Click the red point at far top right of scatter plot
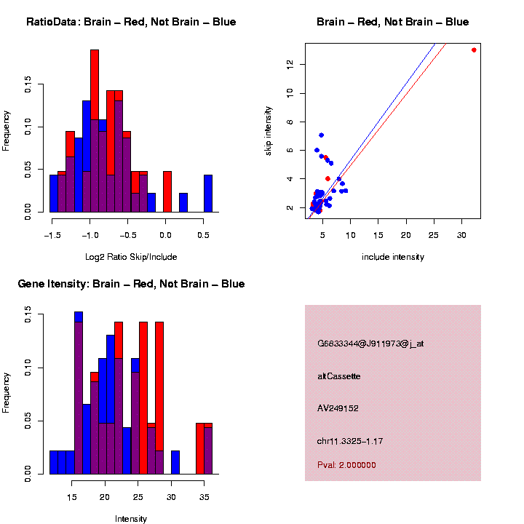click(474, 50)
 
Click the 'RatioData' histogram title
click(131, 22)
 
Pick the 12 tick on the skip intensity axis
click(290, 64)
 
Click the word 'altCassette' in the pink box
click(339, 376)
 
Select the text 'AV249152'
click(338, 408)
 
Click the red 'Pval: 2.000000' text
click(346, 465)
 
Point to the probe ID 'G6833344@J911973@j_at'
click(370, 344)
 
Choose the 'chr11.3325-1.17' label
click(350, 441)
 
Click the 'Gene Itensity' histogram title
click(131, 284)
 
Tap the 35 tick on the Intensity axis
click(205, 497)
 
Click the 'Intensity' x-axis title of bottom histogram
click(131, 519)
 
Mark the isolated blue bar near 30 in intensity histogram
click(175, 463)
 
